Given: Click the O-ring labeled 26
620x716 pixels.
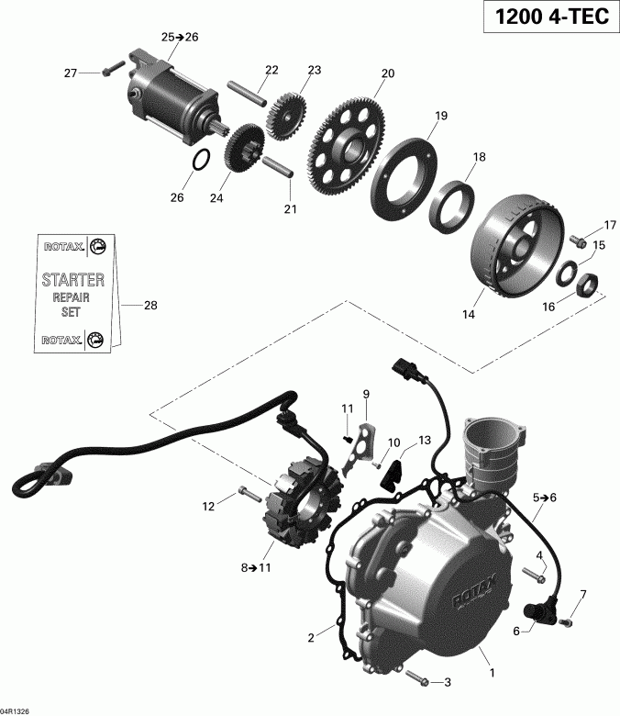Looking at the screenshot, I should click(205, 162).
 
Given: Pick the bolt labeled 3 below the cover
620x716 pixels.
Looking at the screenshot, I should click(415, 680).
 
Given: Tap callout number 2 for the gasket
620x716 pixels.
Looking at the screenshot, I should click(312, 636).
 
